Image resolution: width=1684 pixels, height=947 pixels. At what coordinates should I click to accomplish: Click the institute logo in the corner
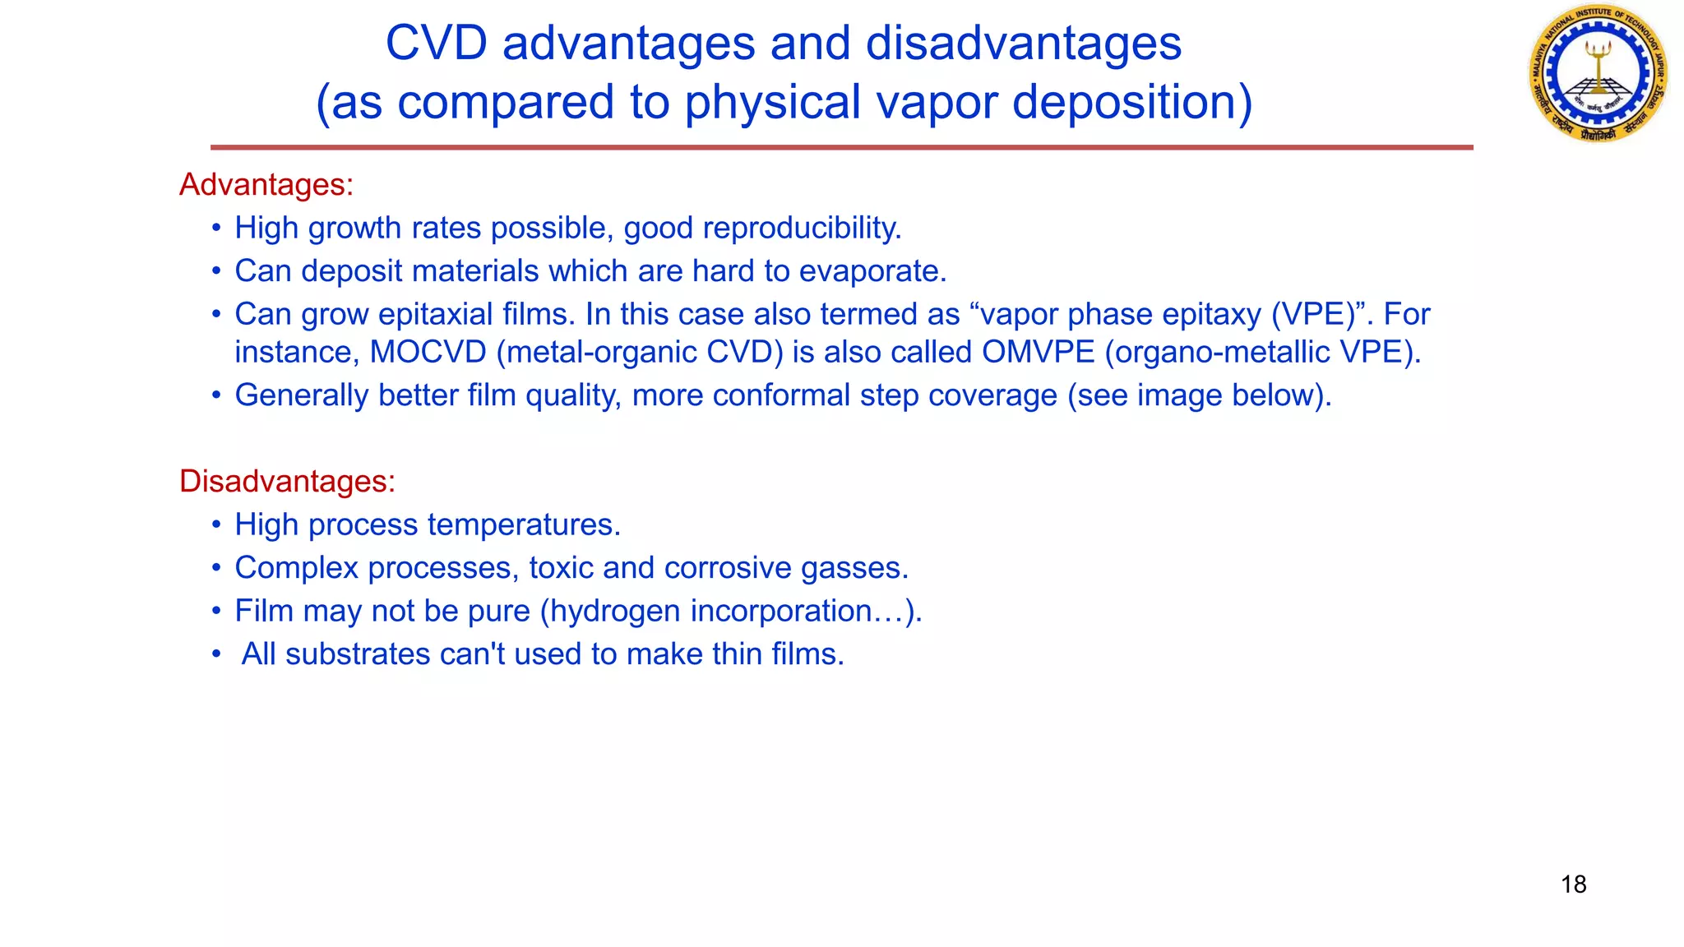(1598, 73)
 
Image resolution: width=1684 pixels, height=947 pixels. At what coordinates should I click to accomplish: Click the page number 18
(1573, 885)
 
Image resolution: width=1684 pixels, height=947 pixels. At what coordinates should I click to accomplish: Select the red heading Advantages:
(266, 184)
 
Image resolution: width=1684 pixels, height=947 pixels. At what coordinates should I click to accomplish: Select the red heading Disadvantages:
(287, 481)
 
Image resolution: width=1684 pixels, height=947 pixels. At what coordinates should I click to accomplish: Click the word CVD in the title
(436, 43)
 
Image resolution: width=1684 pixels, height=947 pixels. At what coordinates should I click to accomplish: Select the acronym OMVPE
(1038, 352)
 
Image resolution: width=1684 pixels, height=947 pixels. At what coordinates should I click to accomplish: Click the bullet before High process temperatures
(216, 524)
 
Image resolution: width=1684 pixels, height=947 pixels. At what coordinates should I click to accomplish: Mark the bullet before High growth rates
(216, 228)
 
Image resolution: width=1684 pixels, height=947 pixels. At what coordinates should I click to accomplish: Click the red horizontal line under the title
(841, 147)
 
